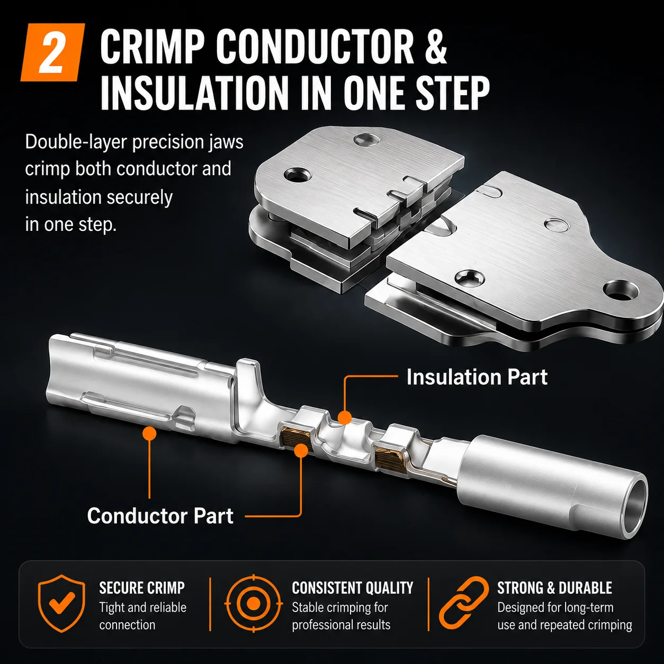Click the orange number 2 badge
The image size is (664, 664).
tap(52, 52)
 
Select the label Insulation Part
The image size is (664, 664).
tap(477, 377)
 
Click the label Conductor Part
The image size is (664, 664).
tap(160, 516)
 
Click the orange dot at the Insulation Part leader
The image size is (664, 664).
tap(344, 418)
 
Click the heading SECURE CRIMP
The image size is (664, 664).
tap(142, 588)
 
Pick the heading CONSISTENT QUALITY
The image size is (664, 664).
tap(353, 588)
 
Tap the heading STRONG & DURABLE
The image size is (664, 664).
tap(554, 588)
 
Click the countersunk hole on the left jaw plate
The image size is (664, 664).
tap(297, 175)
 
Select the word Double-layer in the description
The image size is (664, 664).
tap(76, 142)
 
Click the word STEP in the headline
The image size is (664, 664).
tap(452, 93)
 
